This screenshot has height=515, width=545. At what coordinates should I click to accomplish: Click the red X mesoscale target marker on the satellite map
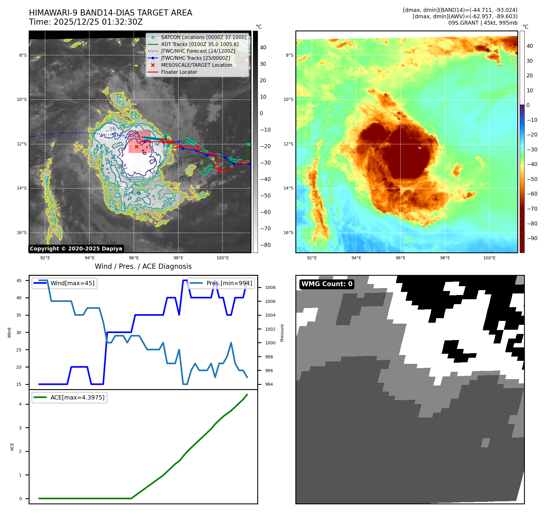pyautogui.click(x=137, y=147)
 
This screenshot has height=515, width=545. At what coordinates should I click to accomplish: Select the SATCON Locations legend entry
pyautogui.click(x=204, y=37)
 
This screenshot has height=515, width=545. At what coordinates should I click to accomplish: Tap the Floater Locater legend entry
pyautogui.click(x=179, y=72)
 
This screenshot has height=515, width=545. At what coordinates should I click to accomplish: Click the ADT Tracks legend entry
pyautogui.click(x=200, y=44)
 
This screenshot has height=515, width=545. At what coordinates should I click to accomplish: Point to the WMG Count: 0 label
pyautogui.click(x=327, y=284)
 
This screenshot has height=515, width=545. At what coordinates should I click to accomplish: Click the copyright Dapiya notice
pyautogui.click(x=76, y=249)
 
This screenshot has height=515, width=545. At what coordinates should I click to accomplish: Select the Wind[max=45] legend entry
pyautogui.click(x=72, y=283)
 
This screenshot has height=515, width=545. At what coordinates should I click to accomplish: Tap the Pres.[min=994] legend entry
pyautogui.click(x=229, y=283)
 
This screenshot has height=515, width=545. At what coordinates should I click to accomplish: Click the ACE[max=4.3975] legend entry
pyautogui.click(x=77, y=397)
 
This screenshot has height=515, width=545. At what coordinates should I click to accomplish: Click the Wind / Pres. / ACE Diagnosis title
pyautogui.click(x=143, y=266)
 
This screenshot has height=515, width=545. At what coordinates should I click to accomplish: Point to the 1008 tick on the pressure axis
pyautogui.click(x=270, y=287)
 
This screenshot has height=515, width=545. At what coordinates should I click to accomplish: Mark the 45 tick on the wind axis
pyautogui.click(x=19, y=281)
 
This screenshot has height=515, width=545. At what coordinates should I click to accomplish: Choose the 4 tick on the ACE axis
pyautogui.click(x=20, y=404)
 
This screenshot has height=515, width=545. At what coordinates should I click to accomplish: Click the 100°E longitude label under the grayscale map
pyautogui.click(x=223, y=258)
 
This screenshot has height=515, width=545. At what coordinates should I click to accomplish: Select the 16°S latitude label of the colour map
pyautogui.click(x=288, y=233)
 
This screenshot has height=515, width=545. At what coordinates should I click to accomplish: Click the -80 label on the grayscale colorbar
pyautogui.click(x=265, y=245)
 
